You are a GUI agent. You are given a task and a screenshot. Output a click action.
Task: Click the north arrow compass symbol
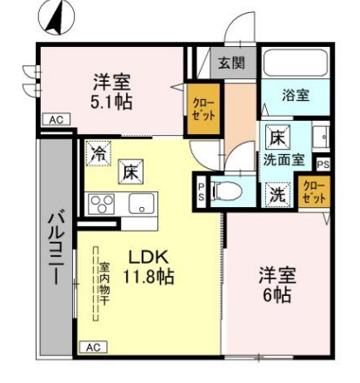point(57,17)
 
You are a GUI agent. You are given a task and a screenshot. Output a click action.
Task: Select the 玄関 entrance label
point(231,63)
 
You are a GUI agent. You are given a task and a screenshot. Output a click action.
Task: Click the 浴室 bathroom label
point(295,96)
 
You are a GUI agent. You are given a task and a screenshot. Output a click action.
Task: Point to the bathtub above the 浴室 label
point(295,64)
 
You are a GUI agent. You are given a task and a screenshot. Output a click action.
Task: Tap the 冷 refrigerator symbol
point(97,151)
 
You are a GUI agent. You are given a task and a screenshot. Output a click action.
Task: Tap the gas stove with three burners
point(102,205)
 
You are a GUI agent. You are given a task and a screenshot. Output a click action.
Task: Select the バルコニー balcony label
point(54,249)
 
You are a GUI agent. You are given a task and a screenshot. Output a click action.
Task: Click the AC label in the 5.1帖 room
point(53,119)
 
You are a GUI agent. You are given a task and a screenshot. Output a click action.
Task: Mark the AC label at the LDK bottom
point(92,346)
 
